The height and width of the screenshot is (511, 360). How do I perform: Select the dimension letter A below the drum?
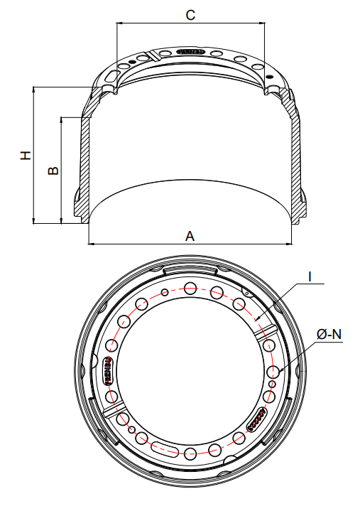pos(190,236)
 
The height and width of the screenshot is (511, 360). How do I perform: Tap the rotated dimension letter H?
pos(26,155)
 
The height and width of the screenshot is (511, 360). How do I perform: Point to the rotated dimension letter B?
pos(53,171)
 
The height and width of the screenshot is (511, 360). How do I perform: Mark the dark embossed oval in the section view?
pos(190,52)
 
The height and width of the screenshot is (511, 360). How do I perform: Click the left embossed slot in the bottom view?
pos(110,370)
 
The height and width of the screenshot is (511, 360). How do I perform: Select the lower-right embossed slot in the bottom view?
pos(258,420)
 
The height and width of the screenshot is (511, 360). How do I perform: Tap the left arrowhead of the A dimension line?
pos(92,244)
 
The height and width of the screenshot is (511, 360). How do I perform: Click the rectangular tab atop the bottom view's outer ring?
pos(190,269)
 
